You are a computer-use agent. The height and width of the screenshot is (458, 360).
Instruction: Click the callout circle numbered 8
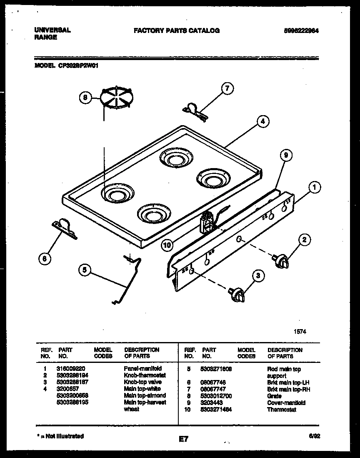coord(85,98)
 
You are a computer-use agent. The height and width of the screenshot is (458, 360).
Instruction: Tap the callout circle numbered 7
coord(227,88)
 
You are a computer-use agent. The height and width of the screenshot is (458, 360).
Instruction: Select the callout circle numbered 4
coord(262,121)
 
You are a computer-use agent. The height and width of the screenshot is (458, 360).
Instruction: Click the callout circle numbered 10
coord(167,245)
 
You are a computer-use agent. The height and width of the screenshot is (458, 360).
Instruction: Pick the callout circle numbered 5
coord(84,270)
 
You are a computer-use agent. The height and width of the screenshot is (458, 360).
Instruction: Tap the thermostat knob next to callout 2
coord(280,260)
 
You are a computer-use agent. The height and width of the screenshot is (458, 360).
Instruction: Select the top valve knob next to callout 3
coord(236,294)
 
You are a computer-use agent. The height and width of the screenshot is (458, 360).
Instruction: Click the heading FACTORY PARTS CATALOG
coord(176,30)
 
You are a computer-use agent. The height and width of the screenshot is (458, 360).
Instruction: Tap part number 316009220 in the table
coord(70,369)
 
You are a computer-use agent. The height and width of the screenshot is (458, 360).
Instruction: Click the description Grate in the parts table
coord(274,396)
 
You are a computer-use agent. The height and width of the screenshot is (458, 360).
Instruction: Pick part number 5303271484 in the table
coord(216,410)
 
